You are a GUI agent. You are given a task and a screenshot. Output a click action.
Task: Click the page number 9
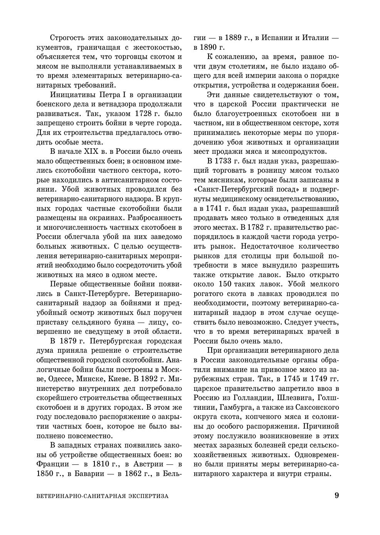point(337,496)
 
